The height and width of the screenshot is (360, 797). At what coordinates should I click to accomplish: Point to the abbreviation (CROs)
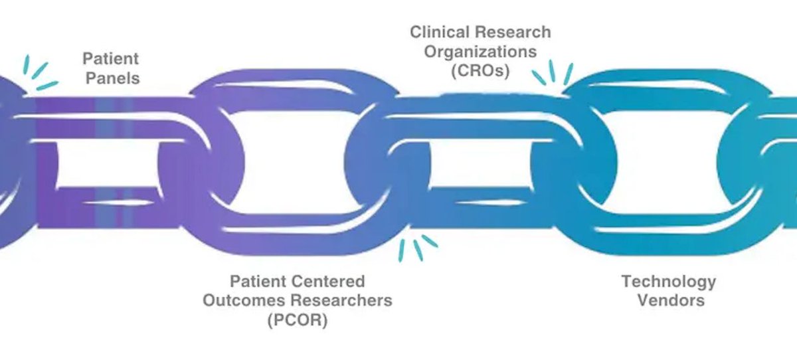point(479,71)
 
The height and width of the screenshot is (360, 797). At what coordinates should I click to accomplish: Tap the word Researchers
point(346,300)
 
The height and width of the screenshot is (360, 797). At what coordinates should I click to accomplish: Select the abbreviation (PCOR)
point(298,320)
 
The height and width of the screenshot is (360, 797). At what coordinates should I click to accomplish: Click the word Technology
point(669,281)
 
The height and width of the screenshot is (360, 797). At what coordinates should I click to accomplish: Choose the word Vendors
point(671,300)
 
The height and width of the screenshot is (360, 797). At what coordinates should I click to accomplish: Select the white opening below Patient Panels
point(110,169)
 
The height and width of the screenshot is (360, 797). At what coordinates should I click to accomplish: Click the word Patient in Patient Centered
point(256,281)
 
